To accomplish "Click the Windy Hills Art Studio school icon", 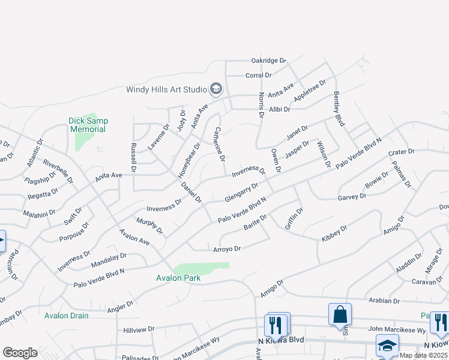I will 216,90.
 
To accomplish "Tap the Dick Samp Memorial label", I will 88,125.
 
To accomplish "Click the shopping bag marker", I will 340,313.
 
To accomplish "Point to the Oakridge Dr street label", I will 269,61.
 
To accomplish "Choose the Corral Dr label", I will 259,75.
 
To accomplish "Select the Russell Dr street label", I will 133,158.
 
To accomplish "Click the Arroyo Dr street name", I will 227,248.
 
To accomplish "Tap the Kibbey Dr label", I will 334,233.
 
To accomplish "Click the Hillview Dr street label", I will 139,329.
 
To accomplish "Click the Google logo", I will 20,353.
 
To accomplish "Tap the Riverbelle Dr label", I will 58,170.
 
